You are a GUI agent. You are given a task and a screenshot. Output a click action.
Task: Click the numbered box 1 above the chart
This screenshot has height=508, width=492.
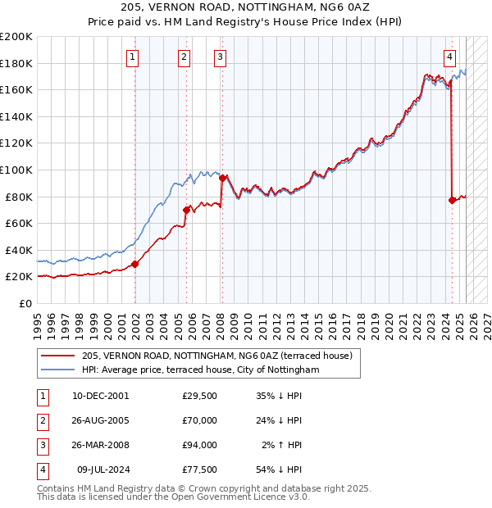coord(132,57)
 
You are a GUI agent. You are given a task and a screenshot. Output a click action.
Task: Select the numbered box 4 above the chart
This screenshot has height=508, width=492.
coord(450,57)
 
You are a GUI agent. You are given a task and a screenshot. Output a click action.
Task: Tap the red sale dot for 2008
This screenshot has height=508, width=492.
coord(223,178)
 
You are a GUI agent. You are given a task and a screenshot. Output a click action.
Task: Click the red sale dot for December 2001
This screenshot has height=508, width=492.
coord(135,264)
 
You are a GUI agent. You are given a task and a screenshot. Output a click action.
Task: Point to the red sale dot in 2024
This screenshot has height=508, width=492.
coord(452,200)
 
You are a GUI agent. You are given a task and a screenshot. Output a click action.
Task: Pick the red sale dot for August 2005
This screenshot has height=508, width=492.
coord(186,210)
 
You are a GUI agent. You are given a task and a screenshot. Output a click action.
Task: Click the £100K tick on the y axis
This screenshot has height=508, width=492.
coord(16,170)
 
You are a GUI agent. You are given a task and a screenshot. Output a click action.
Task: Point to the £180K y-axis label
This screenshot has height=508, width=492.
coord(16,63)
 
